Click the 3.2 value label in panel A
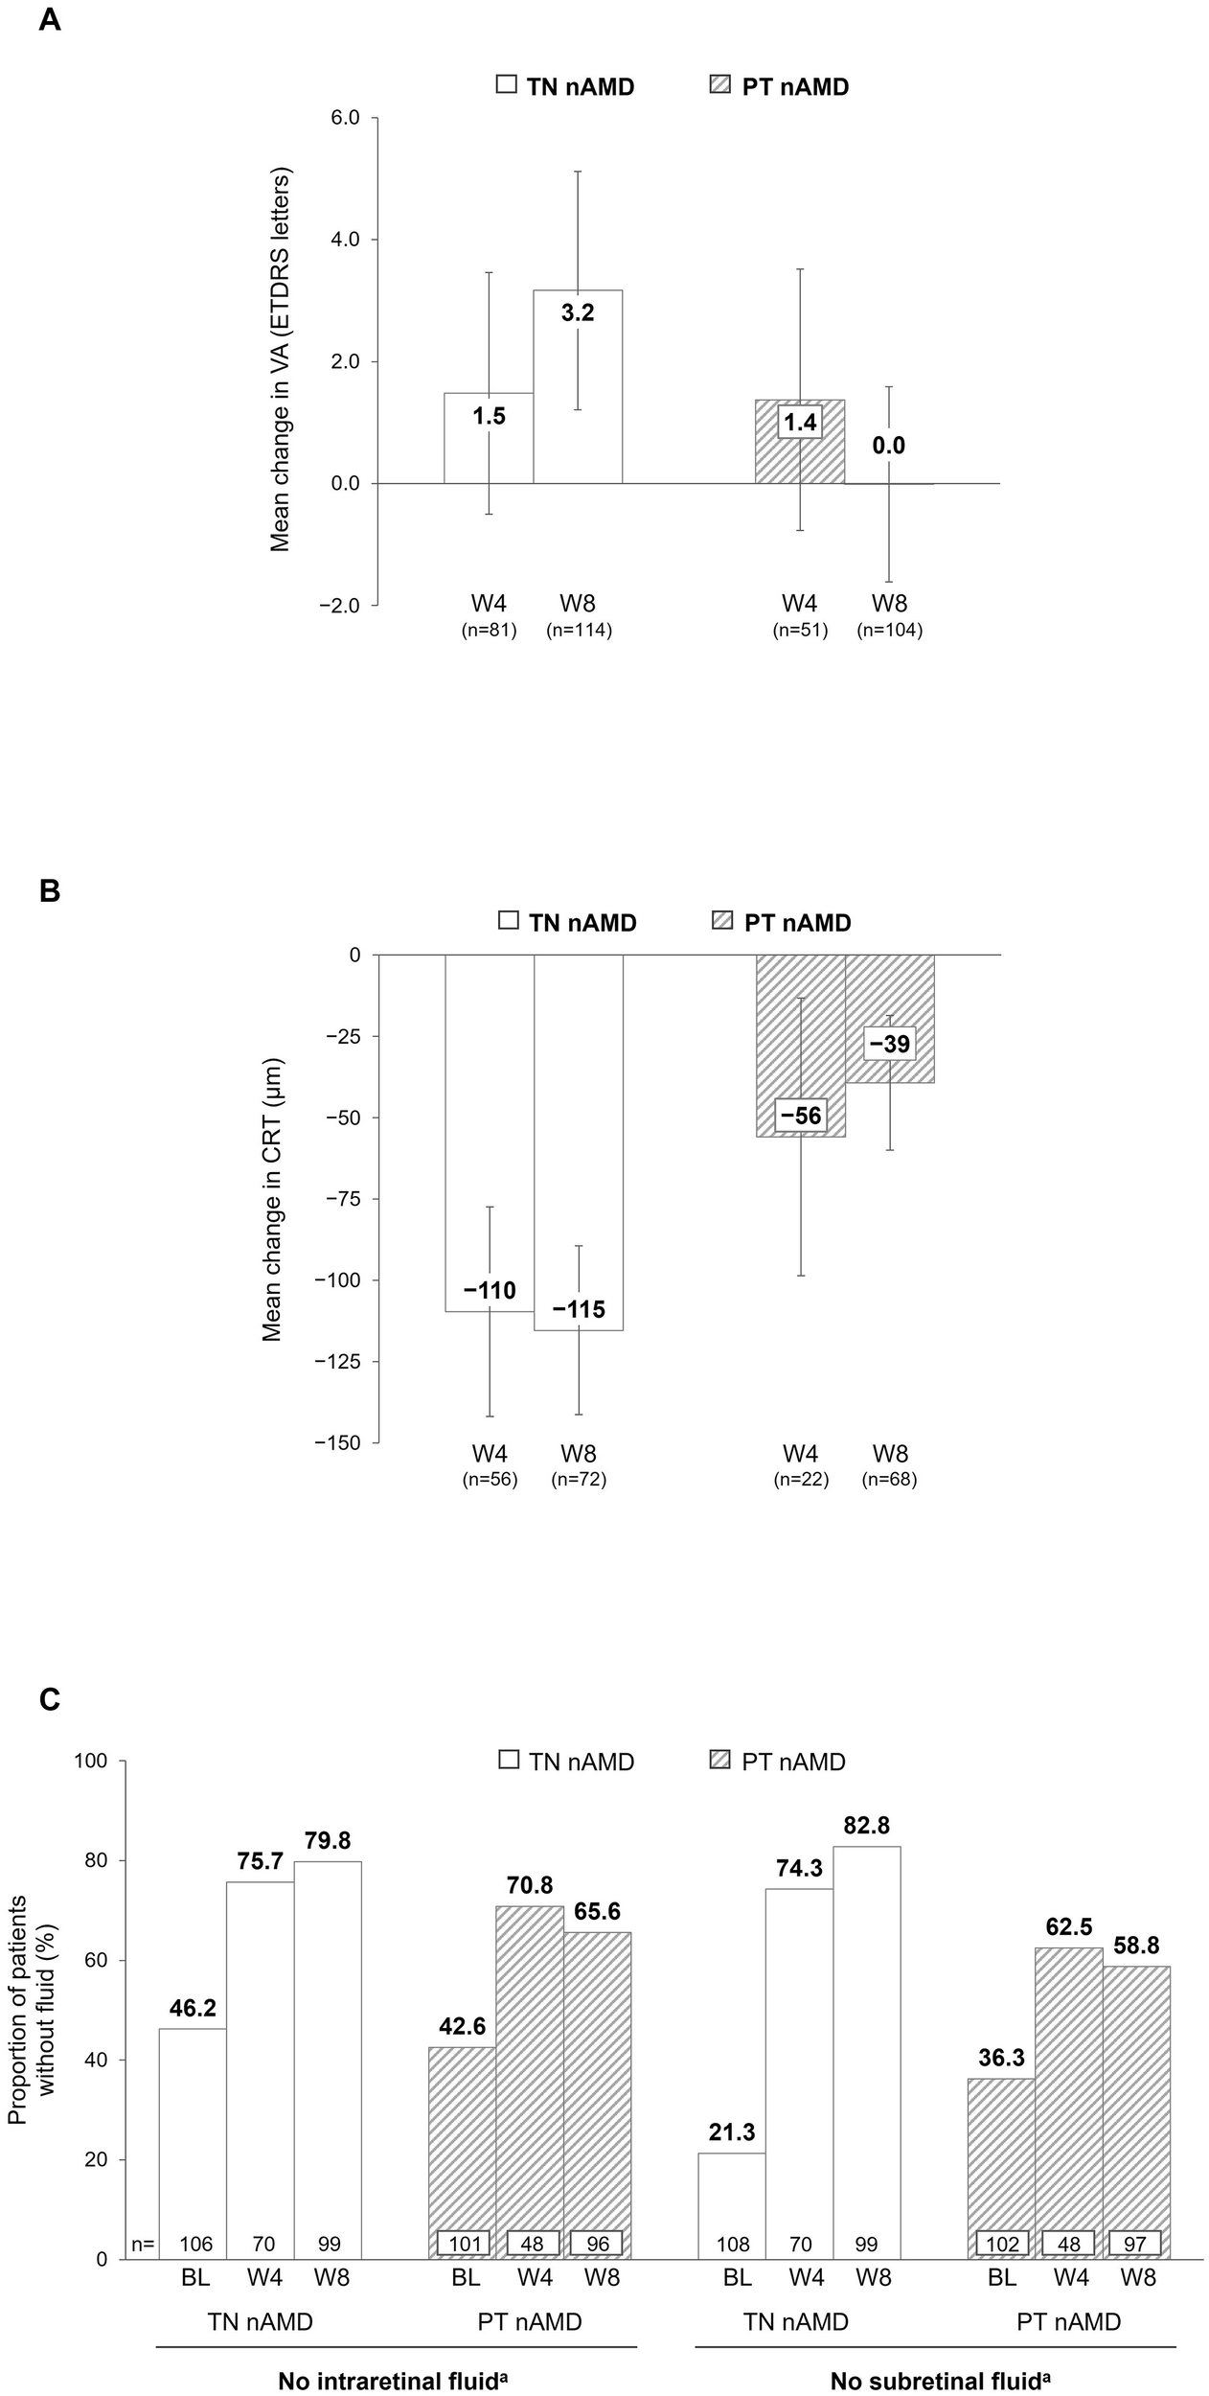tap(578, 312)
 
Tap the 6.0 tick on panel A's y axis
tap(345, 118)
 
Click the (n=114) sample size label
tap(579, 631)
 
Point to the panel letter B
tap(49, 891)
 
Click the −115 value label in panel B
tap(578, 1309)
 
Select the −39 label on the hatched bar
tap(890, 1044)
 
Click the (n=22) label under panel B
tap(800, 1479)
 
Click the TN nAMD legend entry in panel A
tap(565, 87)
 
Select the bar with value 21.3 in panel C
tap(732, 2204)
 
